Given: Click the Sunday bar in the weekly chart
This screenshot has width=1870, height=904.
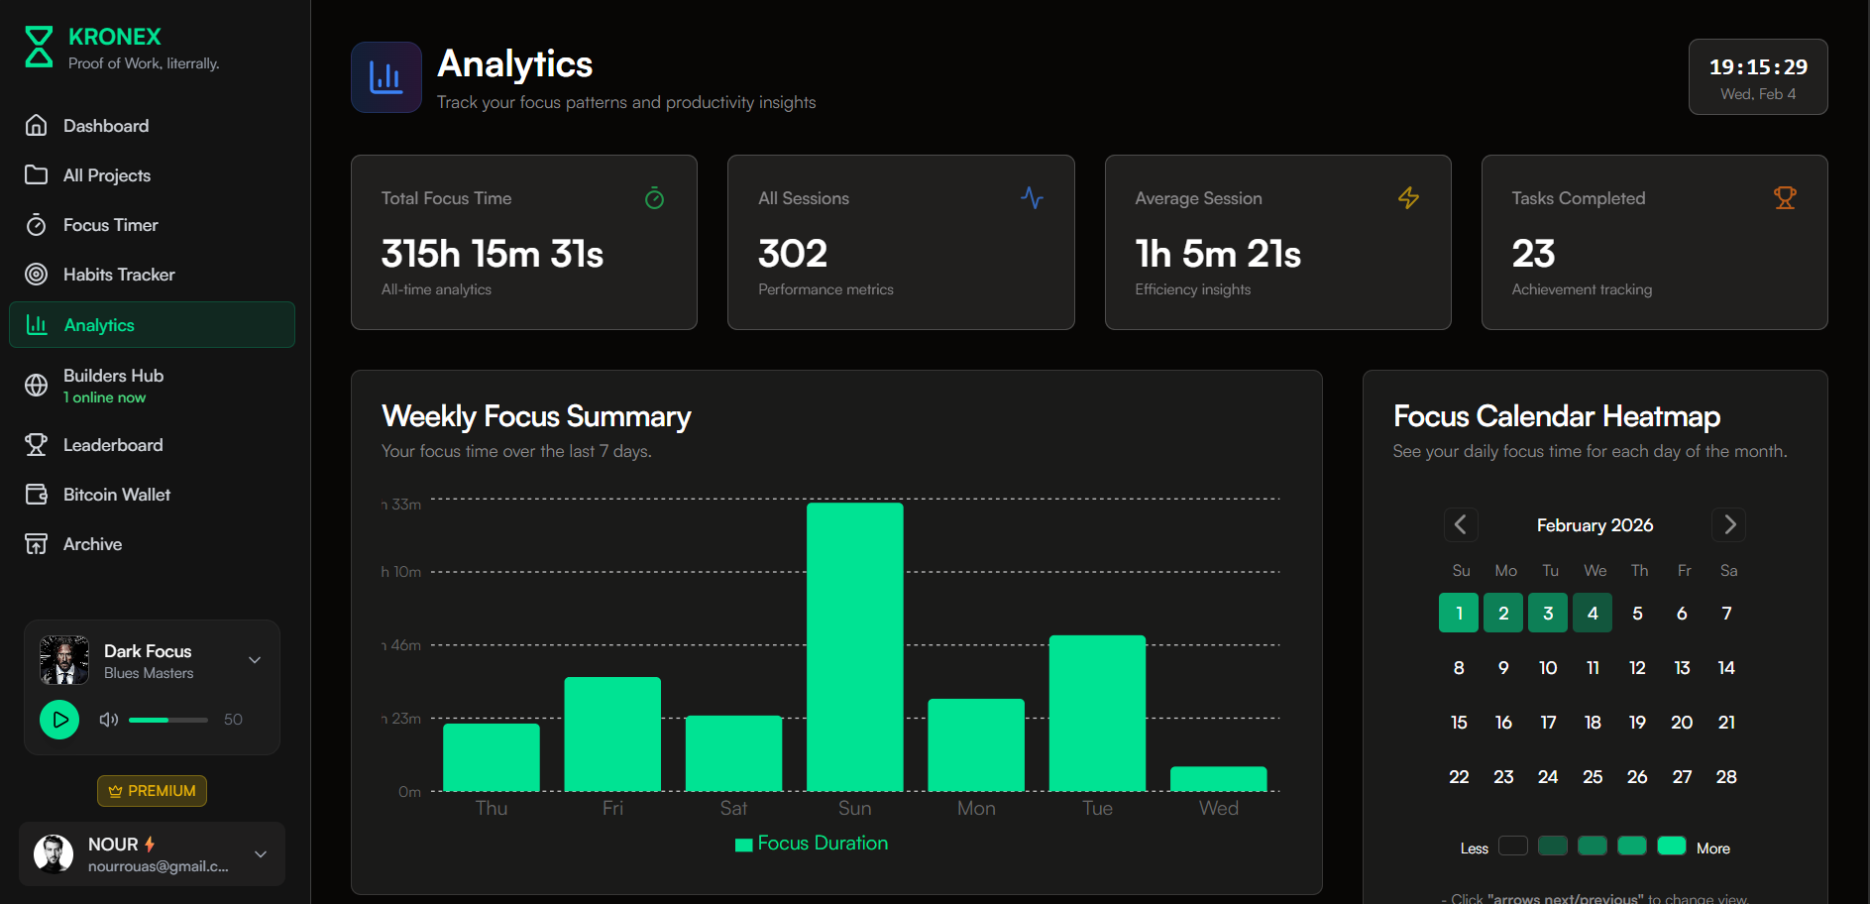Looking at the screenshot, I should tap(854, 646).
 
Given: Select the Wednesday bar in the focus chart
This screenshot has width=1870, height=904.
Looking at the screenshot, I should tap(1218, 779).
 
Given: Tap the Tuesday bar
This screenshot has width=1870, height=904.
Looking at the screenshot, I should tap(1097, 713).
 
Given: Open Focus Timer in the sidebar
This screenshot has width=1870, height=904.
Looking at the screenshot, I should tap(110, 225).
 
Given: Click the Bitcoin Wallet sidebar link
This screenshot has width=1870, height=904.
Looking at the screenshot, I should tap(116, 495).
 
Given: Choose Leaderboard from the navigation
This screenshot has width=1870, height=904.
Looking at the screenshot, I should tap(112, 445).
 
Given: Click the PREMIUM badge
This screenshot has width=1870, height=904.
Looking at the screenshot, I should tap(152, 791).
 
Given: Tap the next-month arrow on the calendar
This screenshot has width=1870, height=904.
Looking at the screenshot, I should tap(1728, 524).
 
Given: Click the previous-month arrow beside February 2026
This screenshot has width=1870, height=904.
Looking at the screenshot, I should tap(1460, 524).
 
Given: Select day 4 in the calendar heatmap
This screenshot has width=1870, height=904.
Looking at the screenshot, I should tap(1592, 614).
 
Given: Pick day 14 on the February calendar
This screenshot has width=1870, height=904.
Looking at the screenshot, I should tap(1725, 668).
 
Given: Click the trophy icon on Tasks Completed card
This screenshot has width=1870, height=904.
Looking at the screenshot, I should tap(1784, 198).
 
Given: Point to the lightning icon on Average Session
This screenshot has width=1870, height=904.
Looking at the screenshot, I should tap(1407, 198).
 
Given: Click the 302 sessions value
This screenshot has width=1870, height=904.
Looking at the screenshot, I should tap(792, 254).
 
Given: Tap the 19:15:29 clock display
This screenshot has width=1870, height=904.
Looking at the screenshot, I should tap(1757, 67).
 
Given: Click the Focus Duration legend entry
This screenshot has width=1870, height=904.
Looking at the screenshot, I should tap(812, 844).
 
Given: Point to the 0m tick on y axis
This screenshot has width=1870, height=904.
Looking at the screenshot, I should tap(409, 792).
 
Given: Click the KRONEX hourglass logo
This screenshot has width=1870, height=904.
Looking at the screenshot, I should tap(39, 47).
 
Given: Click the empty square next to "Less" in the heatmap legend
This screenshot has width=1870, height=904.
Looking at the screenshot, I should tap(1512, 846).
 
